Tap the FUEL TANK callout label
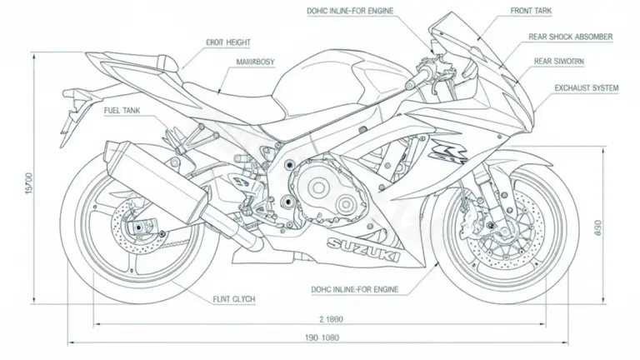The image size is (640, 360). click(x=122, y=110)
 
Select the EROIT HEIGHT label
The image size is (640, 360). click(x=227, y=42)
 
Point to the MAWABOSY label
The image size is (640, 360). click(x=247, y=62)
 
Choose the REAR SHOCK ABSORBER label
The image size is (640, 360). click(x=571, y=37)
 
